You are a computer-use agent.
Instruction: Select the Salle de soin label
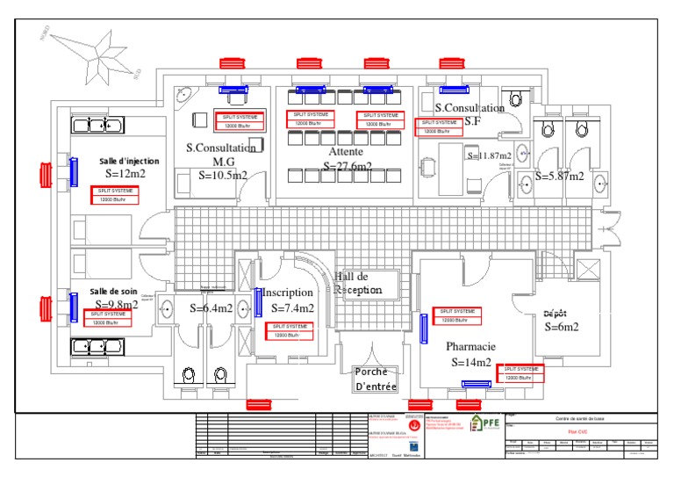[115, 292]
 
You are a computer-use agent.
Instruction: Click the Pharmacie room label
[470, 347]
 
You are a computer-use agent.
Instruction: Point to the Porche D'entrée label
[376, 379]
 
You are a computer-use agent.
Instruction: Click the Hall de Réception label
[358, 283]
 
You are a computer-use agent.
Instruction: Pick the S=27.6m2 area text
[348, 166]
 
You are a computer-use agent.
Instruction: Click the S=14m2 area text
[472, 362]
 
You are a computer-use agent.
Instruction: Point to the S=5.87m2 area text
[559, 176]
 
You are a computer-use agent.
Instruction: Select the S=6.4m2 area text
[212, 308]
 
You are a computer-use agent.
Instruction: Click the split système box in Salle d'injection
[115, 195]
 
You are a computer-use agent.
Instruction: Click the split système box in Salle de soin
[109, 318]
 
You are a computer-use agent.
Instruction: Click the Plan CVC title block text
[577, 431]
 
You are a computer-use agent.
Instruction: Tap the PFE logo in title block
[481, 423]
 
